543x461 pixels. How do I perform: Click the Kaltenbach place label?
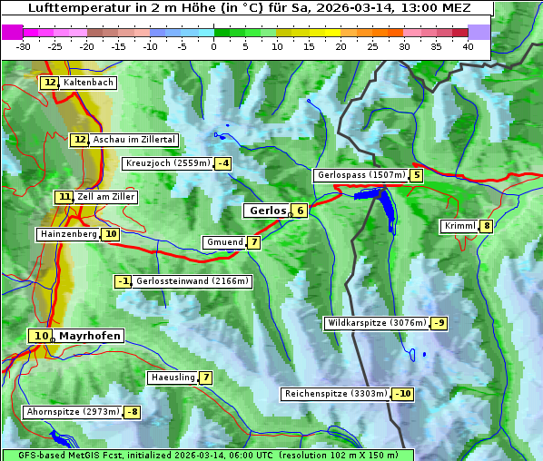[x=88, y=83]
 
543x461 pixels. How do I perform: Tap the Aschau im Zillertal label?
[x=134, y=140]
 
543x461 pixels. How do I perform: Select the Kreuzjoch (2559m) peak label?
[x=167, y=163]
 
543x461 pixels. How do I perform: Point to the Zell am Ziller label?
[x=106, y=197]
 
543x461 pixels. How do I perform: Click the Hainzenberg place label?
[x=67, y=234]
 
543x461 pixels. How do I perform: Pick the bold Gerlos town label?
[x=266, y=211]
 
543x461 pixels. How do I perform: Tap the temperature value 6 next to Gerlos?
[x=300, y=211]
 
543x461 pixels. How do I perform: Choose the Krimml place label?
[x=459, y=226]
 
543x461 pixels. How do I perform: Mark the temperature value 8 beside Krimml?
[x=487, y=226]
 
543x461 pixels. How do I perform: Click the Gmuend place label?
[x=224, y=242]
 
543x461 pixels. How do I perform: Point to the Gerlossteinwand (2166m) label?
[x=193, y=281]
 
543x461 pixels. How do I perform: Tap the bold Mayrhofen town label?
[x=89, y=336]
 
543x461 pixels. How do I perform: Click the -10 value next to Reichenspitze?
[x=402, y=394]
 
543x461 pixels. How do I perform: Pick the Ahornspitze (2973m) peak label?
[x=73, y=412]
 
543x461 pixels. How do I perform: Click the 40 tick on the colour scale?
[x=468, y=46]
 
